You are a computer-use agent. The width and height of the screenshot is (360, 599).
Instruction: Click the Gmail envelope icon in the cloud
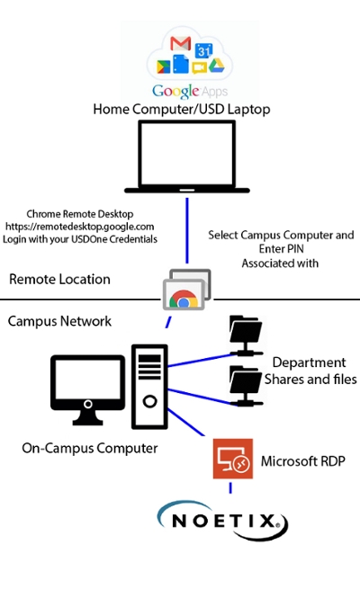click(x=180, y=43)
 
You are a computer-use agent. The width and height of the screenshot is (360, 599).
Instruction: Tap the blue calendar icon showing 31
click(x=203, y=50)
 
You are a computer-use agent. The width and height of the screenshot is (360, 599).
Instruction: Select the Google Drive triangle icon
click(x=216, y=66)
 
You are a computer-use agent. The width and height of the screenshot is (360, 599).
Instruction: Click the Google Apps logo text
click(x=190, y=92)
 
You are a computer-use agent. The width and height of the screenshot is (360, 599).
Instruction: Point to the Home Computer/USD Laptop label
click(x=182, y=109)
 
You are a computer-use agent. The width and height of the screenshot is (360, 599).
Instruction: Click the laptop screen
click(x=187, y=154)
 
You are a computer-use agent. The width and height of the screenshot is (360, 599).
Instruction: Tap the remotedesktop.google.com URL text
click(x=79, y=227)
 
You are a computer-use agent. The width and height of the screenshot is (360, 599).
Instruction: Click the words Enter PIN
click(x=282, y=249)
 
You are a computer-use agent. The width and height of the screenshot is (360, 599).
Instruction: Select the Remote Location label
click(x=59, y=279)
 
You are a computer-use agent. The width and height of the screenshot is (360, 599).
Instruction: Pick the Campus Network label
click(x=59, y=321)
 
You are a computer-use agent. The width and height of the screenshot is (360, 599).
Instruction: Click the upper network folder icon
click(x=246, y=335)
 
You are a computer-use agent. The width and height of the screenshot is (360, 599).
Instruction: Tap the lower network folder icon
click(x=246, y=386)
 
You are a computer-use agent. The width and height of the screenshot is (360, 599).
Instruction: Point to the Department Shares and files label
click(x=310, y=371)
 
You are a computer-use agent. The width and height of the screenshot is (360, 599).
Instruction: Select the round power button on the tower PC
click(x=149, y=401)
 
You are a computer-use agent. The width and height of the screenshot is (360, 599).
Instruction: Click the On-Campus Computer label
click(x=90, y=448)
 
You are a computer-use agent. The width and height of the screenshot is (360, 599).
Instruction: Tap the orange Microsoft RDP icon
click(x=233, y=459)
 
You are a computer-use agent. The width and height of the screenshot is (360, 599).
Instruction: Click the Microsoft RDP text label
click(x=303, y=461)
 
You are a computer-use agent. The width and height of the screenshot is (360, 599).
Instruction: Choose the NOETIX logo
click(x=222, y=521)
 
